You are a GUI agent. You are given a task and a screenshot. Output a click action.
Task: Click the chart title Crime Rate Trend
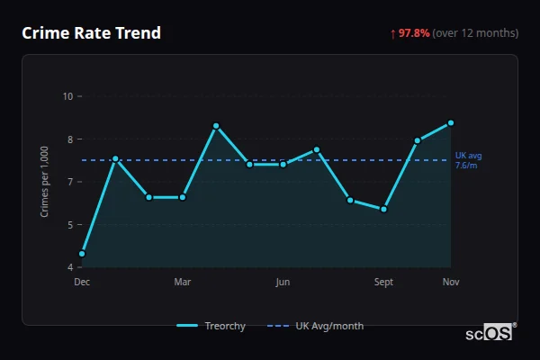click(91, 33)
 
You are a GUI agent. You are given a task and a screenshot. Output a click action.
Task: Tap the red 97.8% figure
click(414, 33)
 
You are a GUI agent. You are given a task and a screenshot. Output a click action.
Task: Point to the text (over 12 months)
click(475, 33)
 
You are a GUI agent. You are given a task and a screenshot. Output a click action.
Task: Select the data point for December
click(82, 254)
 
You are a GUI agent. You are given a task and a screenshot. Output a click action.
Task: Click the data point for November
click(451, 122)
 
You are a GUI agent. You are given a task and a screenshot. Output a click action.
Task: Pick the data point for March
click(183, 197)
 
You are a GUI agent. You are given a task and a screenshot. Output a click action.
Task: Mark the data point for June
click(283, 164)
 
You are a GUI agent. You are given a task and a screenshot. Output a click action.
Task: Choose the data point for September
click(384, 209)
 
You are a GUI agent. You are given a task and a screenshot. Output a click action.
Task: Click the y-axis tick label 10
click(68, 96)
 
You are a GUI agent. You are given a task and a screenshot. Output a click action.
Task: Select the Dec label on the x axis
click(82, 283)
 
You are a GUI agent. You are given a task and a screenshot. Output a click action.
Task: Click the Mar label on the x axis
click(183, 283)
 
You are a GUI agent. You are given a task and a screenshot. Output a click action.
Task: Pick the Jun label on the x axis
click(283, 283)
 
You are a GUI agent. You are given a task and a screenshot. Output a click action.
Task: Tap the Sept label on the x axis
click(384, 283)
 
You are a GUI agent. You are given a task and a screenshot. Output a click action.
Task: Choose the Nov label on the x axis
click(451, 283)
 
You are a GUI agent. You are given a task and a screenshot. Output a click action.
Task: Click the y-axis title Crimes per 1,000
click(45, 182)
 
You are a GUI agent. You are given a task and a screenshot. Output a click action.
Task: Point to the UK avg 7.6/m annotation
click(468, 160)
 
